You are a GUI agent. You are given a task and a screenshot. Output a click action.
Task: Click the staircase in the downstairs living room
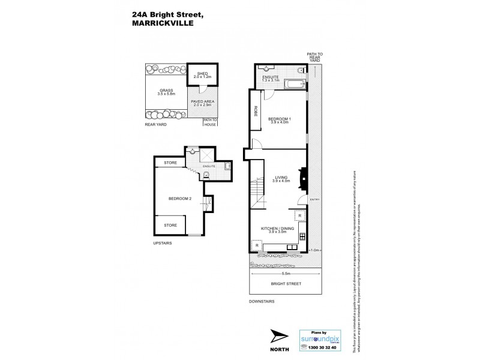(x=258, y=192)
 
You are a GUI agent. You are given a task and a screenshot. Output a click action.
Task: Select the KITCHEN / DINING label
(x=277, y=230)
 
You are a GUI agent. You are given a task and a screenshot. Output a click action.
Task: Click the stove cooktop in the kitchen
(x=304, y=236)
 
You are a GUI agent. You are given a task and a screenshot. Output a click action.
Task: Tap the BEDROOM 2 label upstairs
(x=179, y=199)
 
